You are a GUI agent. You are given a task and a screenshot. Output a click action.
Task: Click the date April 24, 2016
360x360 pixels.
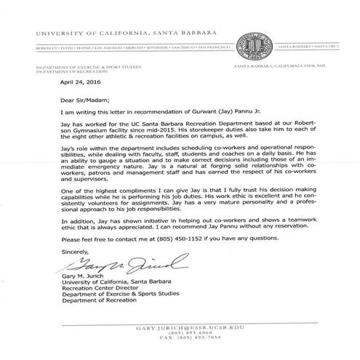pos(81,83)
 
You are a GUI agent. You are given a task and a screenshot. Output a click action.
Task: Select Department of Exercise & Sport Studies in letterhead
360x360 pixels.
pos(66,65)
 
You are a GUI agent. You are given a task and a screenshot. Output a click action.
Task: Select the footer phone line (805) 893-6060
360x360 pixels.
pos(180,335)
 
